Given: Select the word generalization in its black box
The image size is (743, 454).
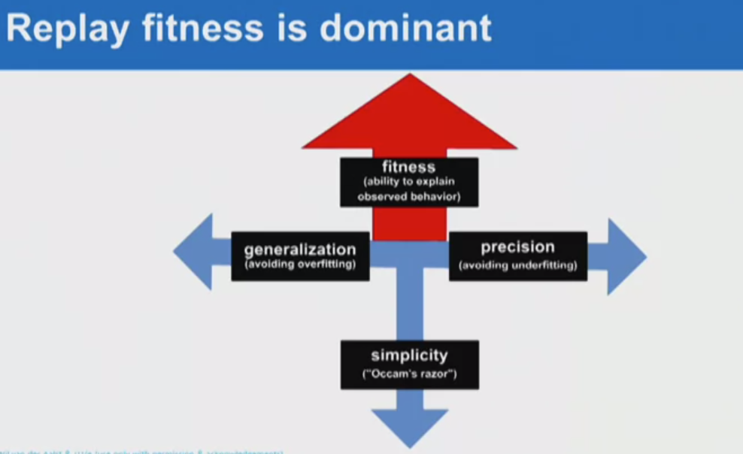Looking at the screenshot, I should [300, 250].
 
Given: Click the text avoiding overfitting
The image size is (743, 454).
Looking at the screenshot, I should [300, 265].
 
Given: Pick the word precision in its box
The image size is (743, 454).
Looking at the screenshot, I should [517, 247].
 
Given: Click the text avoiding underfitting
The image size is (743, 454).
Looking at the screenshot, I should [518, 265].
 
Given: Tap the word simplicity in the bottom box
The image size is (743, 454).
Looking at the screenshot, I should [409, 356].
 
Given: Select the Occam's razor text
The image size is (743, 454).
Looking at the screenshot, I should [409, 374].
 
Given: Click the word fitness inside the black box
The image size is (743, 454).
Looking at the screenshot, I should [408, 168].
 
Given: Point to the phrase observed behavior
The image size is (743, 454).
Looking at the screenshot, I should [408, 197].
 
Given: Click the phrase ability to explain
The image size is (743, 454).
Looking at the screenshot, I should [409, 183].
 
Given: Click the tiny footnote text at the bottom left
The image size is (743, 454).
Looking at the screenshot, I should [143, 451].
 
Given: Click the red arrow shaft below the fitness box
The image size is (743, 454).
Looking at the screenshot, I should [410, 223].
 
